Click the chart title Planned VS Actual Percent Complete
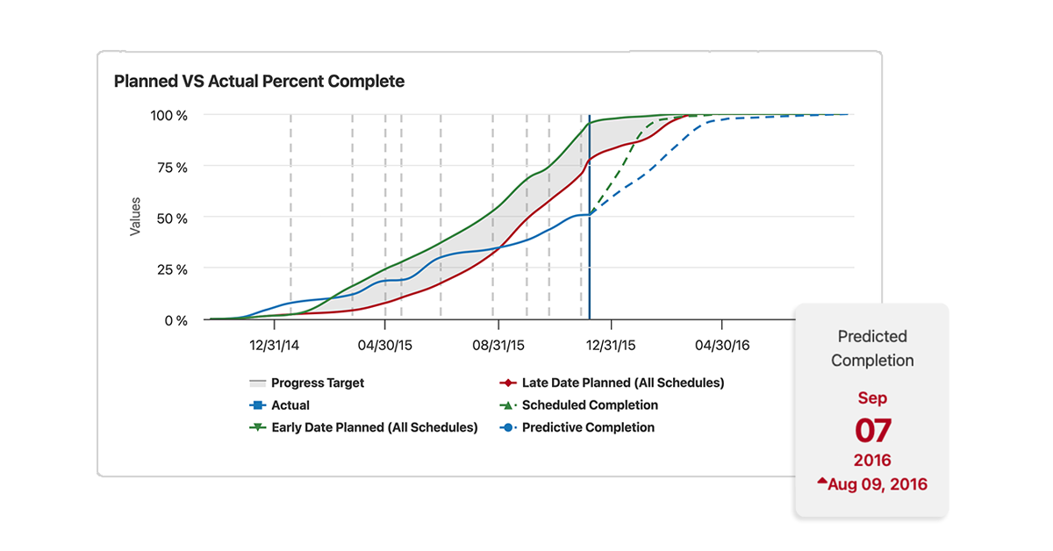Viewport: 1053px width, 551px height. tap(259, 82)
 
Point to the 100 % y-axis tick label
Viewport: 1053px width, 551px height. tap(169, 115)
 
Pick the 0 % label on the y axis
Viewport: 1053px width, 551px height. tap(176, 320)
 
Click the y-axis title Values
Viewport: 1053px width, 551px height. tap(135, 217)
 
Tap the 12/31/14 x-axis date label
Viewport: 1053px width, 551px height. tap(275, 346)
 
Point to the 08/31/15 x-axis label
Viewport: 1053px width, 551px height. tap(498, 346)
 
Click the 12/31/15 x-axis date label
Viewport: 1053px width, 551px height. tap(611, 346)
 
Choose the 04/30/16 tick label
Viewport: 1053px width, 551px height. tap(722, 346)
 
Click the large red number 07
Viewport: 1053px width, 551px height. tap(872, 431)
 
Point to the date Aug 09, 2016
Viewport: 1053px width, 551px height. tap(878, 484)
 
